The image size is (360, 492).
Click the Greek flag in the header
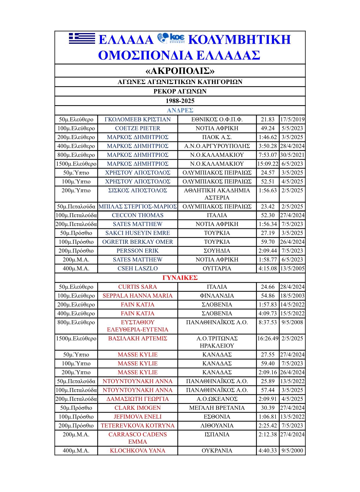(x=82, y=39)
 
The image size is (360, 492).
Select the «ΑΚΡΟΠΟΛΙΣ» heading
(x=180, y=71)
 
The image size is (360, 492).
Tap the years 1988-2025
(x=180, y=101)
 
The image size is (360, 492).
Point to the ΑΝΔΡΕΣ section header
(x=180, y=110)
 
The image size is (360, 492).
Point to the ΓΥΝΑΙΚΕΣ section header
(x=180, y=278)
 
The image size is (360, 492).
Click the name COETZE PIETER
(x=137, y=128)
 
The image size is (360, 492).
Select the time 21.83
(x=268, y=119)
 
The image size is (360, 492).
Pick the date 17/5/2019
(x=292, y=119)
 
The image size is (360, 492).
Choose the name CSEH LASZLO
(x=137, y=268)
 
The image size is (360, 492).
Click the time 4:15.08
(x=268, y=268)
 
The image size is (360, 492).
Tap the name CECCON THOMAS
(x=137, y=215)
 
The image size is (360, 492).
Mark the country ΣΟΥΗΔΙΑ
(x=217, y=251)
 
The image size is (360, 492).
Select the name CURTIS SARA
(x=137, y=287)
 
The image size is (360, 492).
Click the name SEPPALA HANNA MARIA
(x=137, y=296)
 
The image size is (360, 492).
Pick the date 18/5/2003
(x=292, y=296)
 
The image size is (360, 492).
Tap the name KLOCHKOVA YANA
(x=137, y=451)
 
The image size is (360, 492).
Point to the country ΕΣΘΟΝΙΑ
(x=217, y=417)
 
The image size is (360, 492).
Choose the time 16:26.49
(x=268, y=338)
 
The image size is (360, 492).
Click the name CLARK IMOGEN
(x=137, y=408)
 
